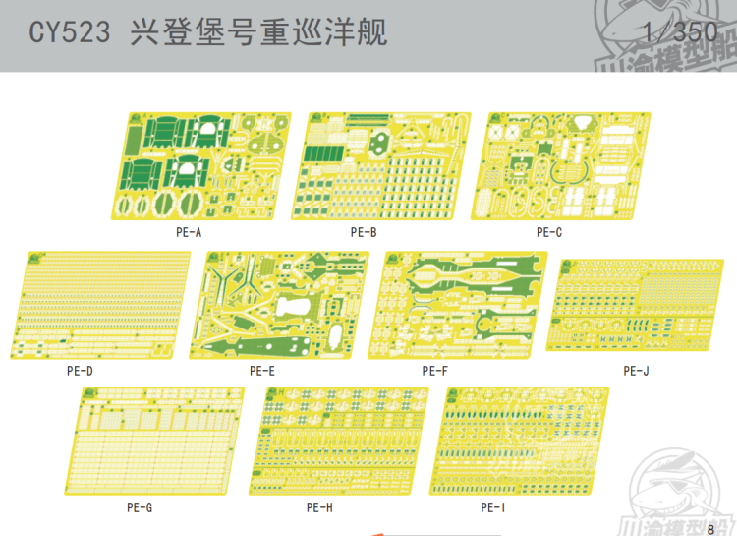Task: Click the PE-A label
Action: click(189, 232)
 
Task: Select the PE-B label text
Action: click(364, 232)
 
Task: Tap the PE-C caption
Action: click(549, 232)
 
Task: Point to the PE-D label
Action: click(81, 371)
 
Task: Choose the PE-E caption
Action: click(262, 371)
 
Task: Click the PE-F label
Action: click(434, 371)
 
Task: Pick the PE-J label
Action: click(636, 371)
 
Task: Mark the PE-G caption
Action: click(140, 507)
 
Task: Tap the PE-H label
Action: click(319, 507)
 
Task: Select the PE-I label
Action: click(493, 507)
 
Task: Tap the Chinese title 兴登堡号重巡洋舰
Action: click(258, 33)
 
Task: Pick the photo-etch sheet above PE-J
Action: click(634, 305)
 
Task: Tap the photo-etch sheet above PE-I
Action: click(526, 441)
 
